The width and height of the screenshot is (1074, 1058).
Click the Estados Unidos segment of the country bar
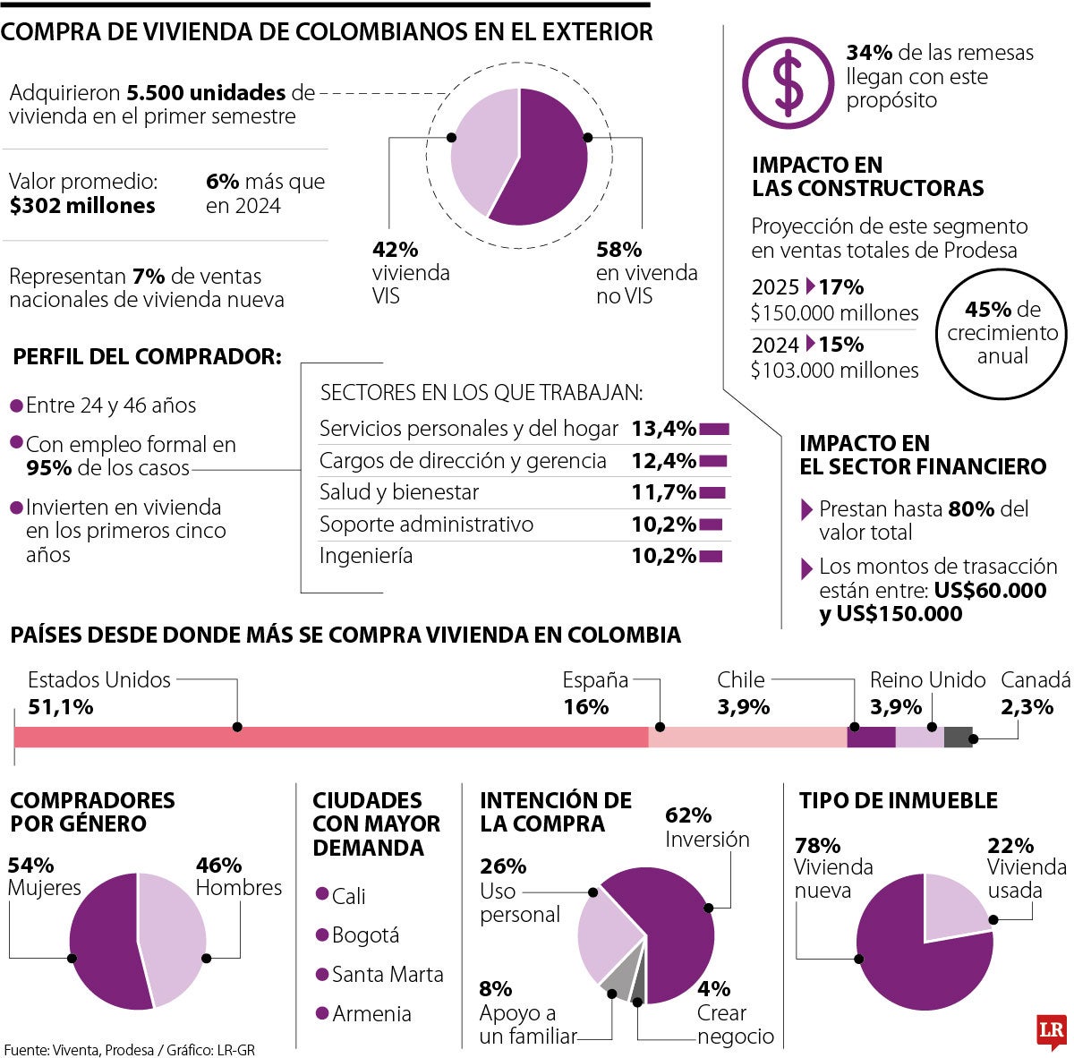coord(331,738)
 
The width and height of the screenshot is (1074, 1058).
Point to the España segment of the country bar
coord(747,738)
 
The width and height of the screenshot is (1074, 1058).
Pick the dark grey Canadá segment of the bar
coord(958,738)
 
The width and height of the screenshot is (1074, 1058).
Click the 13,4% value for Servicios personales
coord(663,429)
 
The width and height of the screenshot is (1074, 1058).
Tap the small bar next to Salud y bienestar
coord(712,492)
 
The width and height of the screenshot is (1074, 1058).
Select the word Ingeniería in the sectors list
coord(366,556)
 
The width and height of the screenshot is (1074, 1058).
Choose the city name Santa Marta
coord(388,974)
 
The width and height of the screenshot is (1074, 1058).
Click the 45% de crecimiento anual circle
coord(1002,333)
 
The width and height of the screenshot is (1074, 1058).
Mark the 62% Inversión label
coord(707,828)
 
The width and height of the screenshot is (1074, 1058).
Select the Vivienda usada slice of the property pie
coord(954,909)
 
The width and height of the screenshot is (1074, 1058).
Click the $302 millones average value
coord(82,206)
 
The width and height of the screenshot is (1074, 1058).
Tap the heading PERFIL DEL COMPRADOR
coord(147,357)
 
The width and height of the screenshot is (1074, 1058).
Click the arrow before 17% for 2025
coord(810,287)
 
